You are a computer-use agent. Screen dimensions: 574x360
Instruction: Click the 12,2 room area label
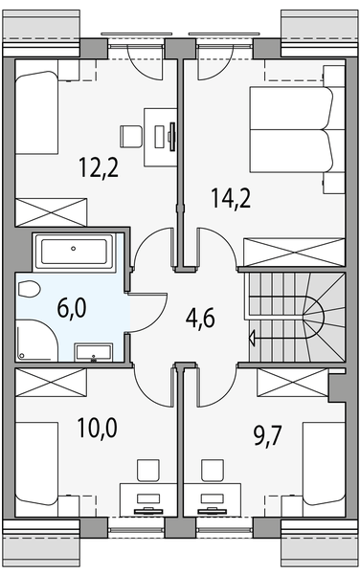pyautogui.click(x=98, y=169)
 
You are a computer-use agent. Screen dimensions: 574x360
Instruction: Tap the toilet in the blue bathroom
pyautogui.click(x=28, y=290)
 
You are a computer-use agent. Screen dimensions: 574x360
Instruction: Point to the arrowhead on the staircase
pyautogui.click(x=251, y=336)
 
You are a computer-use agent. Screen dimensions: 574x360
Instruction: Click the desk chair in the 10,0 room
pyautogui.click(x=147, y=470)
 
